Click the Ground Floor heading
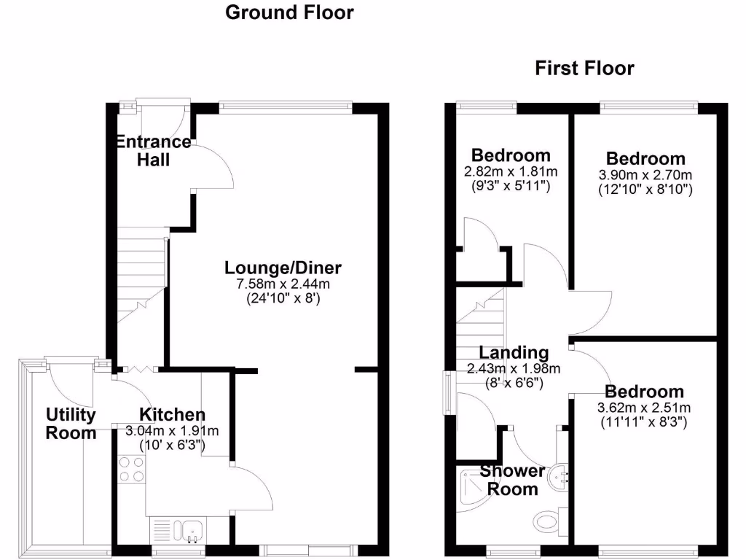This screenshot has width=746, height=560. [x=289, y=12]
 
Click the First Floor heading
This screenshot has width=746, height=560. [x=584, y=69]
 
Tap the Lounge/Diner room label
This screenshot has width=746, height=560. [x=283, y=267]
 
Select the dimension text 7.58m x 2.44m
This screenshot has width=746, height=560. [x=283, y=283]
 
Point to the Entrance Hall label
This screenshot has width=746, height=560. [x=154, y=150]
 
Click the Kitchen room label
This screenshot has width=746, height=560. [x=173, y=414]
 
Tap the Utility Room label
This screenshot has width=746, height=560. [x=71, y=424]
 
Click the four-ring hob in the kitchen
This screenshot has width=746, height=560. [x=129, y=468]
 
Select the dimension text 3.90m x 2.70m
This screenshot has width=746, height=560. [x=645, y=175]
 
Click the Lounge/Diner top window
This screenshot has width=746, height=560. [x=286, y=107]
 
